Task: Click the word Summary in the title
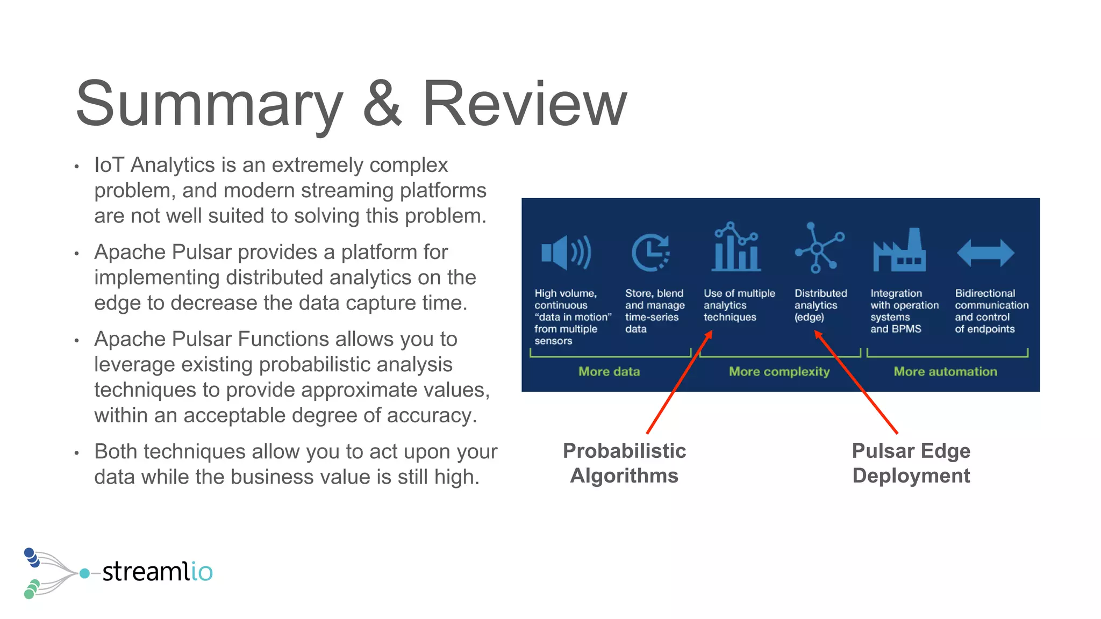209,104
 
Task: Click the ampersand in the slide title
382,104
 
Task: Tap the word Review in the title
524,104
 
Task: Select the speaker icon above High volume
566,252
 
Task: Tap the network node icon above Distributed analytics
819,248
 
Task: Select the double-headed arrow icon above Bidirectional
985,253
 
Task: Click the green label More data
609,371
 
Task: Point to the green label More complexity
779,371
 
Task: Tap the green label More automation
945,371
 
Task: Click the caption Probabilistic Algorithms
624,463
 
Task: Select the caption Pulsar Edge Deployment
911,463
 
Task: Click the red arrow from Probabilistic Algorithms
678,383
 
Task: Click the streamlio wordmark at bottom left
158,571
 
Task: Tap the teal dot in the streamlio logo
84,573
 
